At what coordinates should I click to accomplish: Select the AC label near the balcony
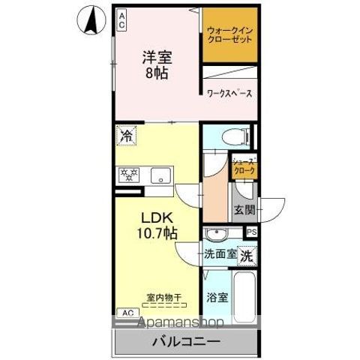(x=127, y=311)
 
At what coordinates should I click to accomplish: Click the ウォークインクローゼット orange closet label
(x=229, y=35)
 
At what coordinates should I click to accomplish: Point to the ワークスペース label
(x=229, y=94)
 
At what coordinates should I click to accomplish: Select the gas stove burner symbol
(x=130, y=175)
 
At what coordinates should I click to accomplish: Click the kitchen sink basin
(x=161, y=175)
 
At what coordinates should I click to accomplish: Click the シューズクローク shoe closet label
(x=243, y=166)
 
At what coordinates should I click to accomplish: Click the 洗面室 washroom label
(x=220, y=254)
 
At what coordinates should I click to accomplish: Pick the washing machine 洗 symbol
(x=247, y=254)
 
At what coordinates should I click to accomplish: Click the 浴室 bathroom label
(x=218, y=298)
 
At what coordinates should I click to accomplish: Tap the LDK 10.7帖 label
(x=157, y=224)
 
